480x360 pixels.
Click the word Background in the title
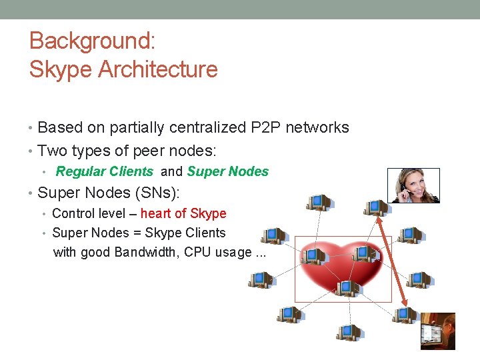92,41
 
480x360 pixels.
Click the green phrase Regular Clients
104,171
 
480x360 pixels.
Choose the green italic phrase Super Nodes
227,171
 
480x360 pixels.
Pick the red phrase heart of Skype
183,213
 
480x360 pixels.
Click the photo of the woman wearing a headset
413,185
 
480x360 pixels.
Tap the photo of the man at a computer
437,331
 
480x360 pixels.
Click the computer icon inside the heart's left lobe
313,255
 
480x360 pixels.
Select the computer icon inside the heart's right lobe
363,254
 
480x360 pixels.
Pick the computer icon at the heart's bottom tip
346,288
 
